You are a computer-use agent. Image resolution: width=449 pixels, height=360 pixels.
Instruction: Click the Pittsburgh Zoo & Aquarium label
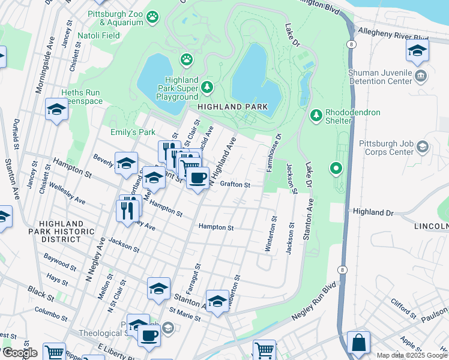coord(116,17)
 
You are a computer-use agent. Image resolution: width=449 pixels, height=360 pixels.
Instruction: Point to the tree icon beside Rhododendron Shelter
coord(315,114)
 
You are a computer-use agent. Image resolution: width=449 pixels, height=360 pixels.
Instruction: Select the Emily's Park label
coord(133,132)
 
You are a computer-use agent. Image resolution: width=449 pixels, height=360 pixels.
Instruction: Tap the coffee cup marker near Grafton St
coord(197,178)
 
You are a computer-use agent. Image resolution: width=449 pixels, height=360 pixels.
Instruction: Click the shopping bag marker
coord(358,343)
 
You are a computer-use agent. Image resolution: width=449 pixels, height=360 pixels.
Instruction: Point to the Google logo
coord(19,353)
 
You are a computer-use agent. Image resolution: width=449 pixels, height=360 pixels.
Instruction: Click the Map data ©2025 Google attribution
coord(411,355)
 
